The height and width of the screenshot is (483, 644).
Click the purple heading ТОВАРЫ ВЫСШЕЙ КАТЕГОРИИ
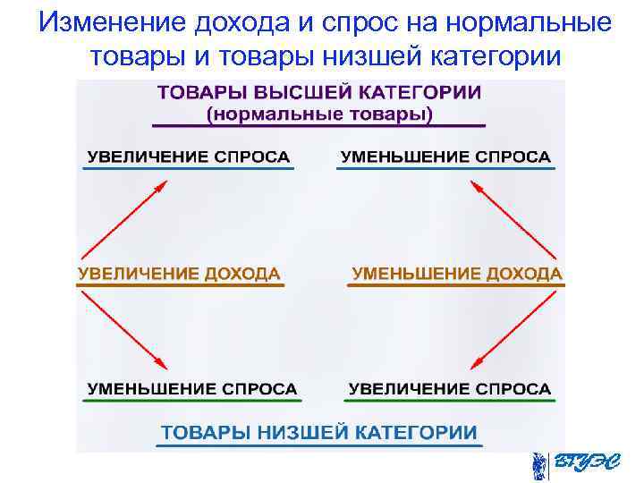[x=319, y=93]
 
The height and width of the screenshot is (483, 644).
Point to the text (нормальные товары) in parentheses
[x=319, y=114]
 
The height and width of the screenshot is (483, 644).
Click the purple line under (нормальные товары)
[x=319, y=125]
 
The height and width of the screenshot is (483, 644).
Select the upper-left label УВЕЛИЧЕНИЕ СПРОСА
[x=188, y=157]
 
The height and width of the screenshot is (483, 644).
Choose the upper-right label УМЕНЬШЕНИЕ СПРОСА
[x=445, y=157]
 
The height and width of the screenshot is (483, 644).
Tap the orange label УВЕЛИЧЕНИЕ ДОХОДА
[x=179, y=274]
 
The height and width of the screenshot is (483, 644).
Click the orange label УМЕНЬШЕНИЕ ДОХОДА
[x=457, y=274]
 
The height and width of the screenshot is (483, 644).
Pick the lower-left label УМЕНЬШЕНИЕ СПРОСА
[x=191, y=389]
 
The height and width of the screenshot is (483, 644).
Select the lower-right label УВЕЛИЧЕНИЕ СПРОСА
[x=449, y=389]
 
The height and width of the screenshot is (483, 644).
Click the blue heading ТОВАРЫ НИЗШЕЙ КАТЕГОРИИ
[x=319, y=432]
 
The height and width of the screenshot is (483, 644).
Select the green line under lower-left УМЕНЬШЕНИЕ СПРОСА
[x=191, y=401]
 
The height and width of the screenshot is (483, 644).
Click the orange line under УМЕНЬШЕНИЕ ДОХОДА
[x=457, y=285]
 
